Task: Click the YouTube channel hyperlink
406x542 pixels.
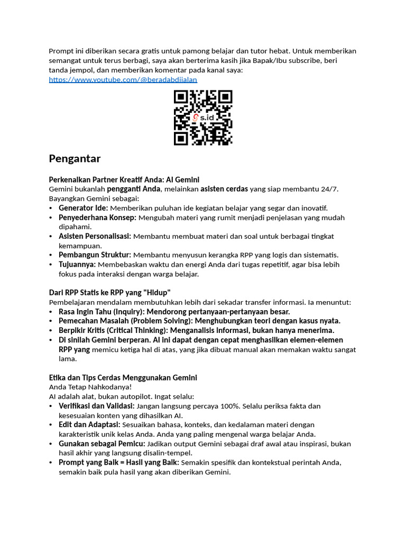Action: pyautogui.click(x=123, y=79)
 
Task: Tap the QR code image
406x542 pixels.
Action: pyautogui.click(x=203, y=118)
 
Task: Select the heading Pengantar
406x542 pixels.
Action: pyautogui.click(x=75, y=159)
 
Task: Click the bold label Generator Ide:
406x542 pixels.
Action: pyautogui.click(x=84, y=208)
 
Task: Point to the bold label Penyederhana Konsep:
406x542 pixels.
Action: pyautogui.click(x=97, y=218)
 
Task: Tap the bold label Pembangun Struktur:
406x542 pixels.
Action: pyautogui.click(x=95, y=255)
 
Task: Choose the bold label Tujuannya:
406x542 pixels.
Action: pyautogui.click(x=77, y=265)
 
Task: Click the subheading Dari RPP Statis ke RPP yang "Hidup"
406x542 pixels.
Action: pyautogui.click(x=109, y=293)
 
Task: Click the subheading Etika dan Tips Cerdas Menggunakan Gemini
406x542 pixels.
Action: pyautogui.click(x=123, y=378)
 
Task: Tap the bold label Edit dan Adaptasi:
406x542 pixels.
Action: pyautogui.click(x=89, y=424)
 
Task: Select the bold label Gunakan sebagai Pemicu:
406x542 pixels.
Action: pyautogui.click(x=101, y=444)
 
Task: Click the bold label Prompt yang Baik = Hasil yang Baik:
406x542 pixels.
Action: pyautogui.click(x=119, y=463)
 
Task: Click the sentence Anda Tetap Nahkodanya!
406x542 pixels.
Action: pyautogui.click(x=83, y=387)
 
